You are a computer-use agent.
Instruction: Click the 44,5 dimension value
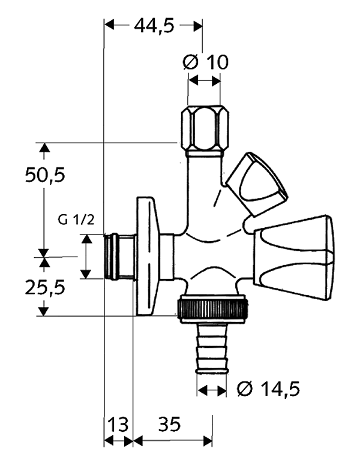pos(154,26)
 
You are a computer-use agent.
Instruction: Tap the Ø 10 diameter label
pos(206,62)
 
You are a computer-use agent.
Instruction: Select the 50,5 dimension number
pos(45,175)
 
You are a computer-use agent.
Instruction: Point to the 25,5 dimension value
pos(45,287)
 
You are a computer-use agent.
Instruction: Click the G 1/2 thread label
pos(76,220)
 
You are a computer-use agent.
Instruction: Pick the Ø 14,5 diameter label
pos(268,389)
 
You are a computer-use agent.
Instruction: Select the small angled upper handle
pos(256,184)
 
